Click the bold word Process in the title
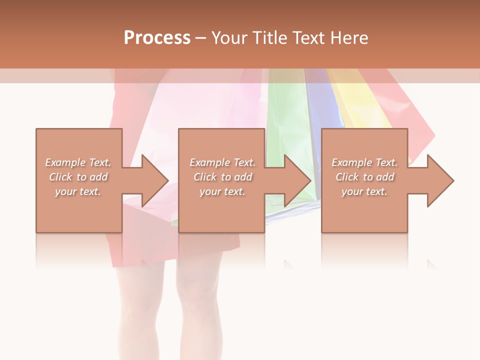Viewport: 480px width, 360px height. pos(157,38)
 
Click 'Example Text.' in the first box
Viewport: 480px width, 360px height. pos(78,162)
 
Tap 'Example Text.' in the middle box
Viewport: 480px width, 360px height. pos(222,162)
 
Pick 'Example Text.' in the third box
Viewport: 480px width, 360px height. pos(364,162)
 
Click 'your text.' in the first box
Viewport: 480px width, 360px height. pos(78,191)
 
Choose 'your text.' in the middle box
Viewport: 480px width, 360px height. pos(222,191)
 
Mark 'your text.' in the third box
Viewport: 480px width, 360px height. pos(364,191)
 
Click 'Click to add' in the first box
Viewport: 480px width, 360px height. pos(78,177)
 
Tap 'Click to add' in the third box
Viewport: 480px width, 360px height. pos(364,177)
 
